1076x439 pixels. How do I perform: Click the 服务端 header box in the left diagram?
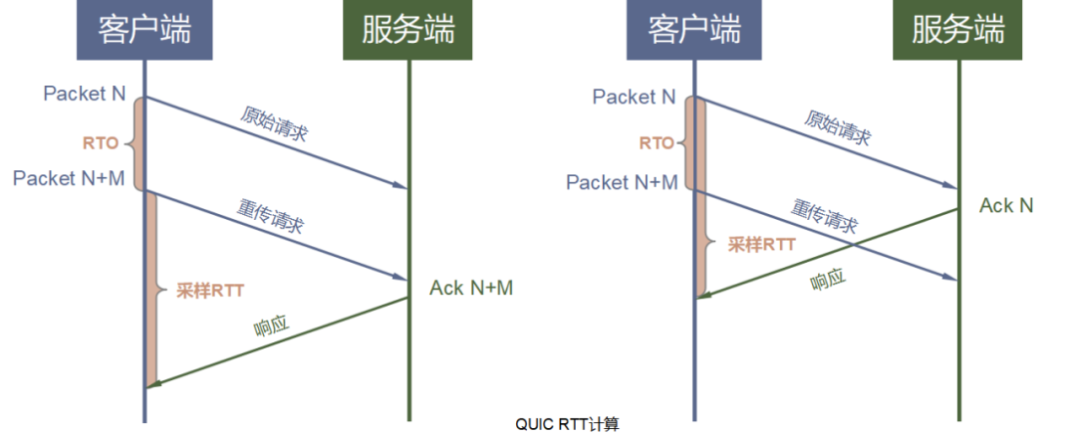(408, 30)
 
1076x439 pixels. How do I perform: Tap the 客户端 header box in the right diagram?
(693, 30)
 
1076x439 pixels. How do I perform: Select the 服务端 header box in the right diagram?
(958, 30)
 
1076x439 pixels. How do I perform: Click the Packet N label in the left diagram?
(85, 94)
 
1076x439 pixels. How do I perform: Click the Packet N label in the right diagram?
(634, 97)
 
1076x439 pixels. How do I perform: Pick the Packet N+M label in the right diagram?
(622, 182)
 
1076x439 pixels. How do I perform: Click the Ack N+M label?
(471, 288)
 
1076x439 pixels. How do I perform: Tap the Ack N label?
(1006, 205)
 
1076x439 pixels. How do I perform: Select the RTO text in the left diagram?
(100, 143)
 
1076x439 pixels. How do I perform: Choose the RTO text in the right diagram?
(657, 143)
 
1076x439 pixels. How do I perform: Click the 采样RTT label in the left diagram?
(210, 291)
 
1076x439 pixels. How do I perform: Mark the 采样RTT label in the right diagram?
(760, 244)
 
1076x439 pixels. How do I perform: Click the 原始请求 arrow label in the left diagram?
(274, 123)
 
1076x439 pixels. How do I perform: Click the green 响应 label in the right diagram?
(827, 281)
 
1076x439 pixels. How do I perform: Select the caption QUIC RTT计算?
(567, 424)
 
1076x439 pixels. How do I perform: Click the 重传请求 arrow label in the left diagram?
(271, 216)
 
